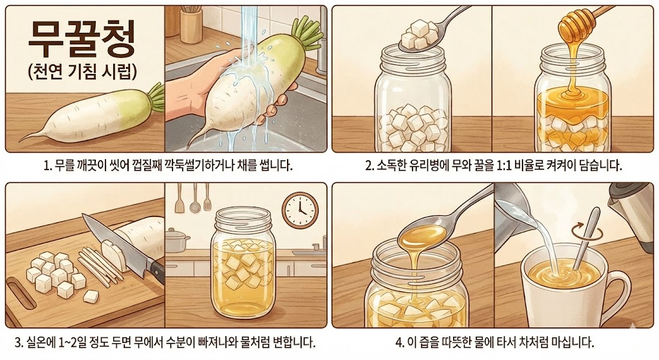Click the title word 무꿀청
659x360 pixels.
click(81, 40)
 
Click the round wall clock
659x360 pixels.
click(300, 210)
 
